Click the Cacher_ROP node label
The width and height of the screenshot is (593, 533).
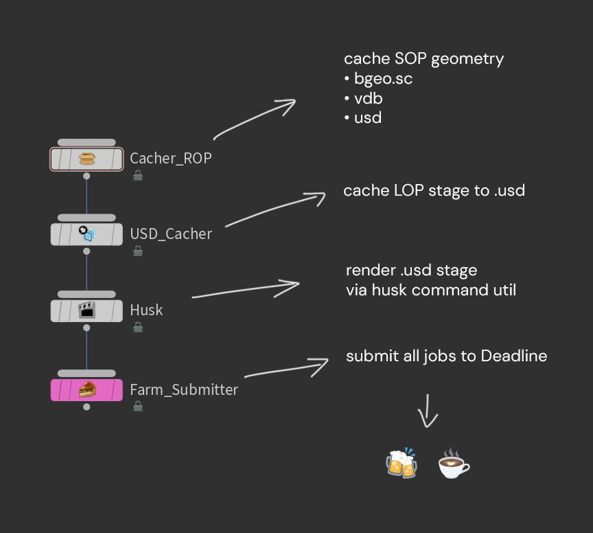pyautogui.click(x=171, y=159)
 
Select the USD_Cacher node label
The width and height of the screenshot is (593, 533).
pyautogui.click(x=171, y=234)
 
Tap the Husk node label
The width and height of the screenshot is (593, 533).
pyautogui.click(x=146, y=310)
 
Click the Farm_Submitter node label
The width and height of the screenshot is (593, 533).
pyautogui.click(x=184, y=390)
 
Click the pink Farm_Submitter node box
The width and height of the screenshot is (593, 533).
pyautogui.click(x=86, y=390)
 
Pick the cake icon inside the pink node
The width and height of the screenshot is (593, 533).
pyautogui.click(x=87, y=390)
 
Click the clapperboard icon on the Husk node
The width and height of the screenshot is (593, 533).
pyautogui.click(x=86, y=310)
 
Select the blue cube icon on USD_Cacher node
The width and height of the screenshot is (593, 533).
pyautogui.click(x=87, y=235)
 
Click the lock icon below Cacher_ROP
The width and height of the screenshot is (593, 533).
pyautogui.click(x=138, y=176)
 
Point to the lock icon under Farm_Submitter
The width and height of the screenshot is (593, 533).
pyautogui.click(x=138, y=407)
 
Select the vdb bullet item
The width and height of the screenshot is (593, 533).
pyautogui.click(x=368, y=98)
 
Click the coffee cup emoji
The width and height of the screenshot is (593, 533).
pyautogui.click(x=454, y=464)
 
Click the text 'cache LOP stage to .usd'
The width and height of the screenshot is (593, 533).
pyautogui.click(x=434, y=190)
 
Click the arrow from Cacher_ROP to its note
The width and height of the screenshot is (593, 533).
pyautogui.click(x=254, y=117)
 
